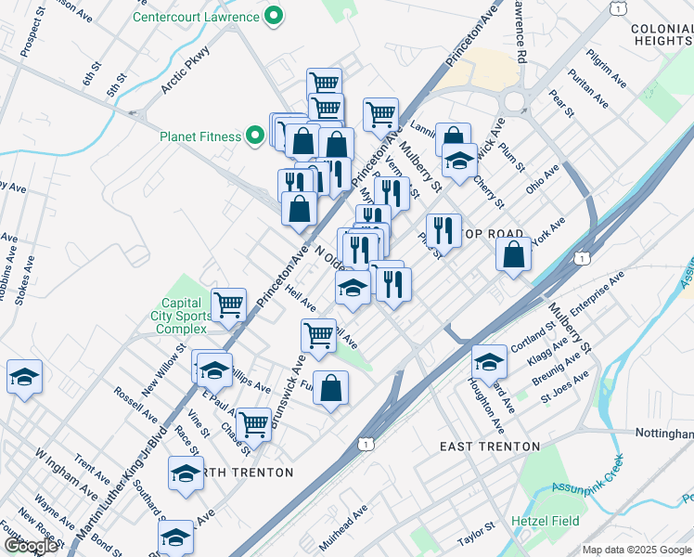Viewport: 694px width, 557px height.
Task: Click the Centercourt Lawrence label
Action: (197, 17)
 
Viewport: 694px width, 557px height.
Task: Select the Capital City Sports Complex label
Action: (182, 316)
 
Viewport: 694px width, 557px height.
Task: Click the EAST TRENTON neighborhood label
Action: (489, 447)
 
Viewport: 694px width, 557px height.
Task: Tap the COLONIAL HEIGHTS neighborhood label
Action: (662, 35)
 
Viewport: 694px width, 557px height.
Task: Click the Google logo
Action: (31, 546)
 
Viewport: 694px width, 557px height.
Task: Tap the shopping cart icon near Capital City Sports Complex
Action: (228, 304)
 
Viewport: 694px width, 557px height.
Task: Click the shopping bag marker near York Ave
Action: (513, 254)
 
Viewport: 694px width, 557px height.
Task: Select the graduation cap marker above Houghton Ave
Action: (489, 360)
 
